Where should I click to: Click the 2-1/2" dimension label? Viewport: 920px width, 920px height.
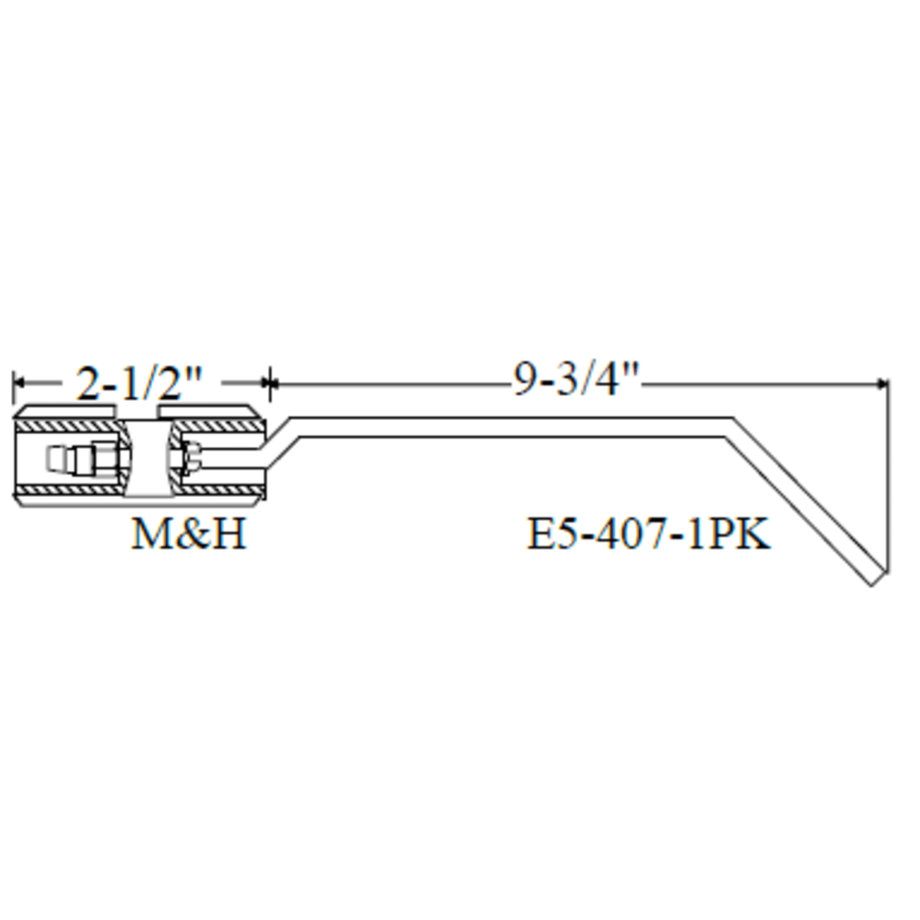139,383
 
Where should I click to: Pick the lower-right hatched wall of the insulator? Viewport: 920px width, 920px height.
220,491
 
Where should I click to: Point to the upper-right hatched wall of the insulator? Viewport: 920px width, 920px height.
220,426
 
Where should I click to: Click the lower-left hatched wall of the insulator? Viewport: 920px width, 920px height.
67,491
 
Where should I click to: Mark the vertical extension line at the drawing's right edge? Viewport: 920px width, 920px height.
888,478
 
